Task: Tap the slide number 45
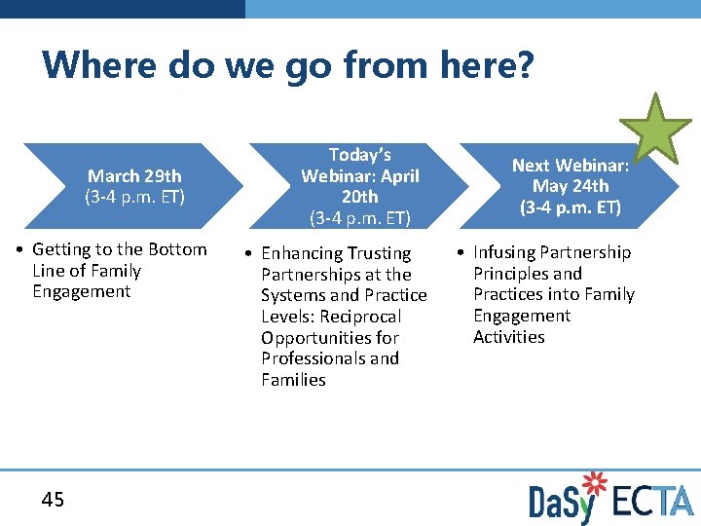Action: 53,500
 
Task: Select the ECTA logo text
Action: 653,501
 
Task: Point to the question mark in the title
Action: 525,65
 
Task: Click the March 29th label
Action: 134,176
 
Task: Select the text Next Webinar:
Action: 571,166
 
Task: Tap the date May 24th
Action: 571,186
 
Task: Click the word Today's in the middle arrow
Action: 360,155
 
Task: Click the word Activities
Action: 509,337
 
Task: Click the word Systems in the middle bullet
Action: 291,295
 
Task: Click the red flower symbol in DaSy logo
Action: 593,484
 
